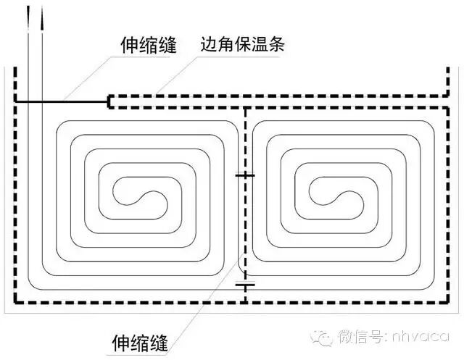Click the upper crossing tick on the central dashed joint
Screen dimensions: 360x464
click(x=245, y=175)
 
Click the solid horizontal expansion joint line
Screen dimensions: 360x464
click(x=62, y=101)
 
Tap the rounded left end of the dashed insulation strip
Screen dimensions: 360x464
click(x=109, y=101)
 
